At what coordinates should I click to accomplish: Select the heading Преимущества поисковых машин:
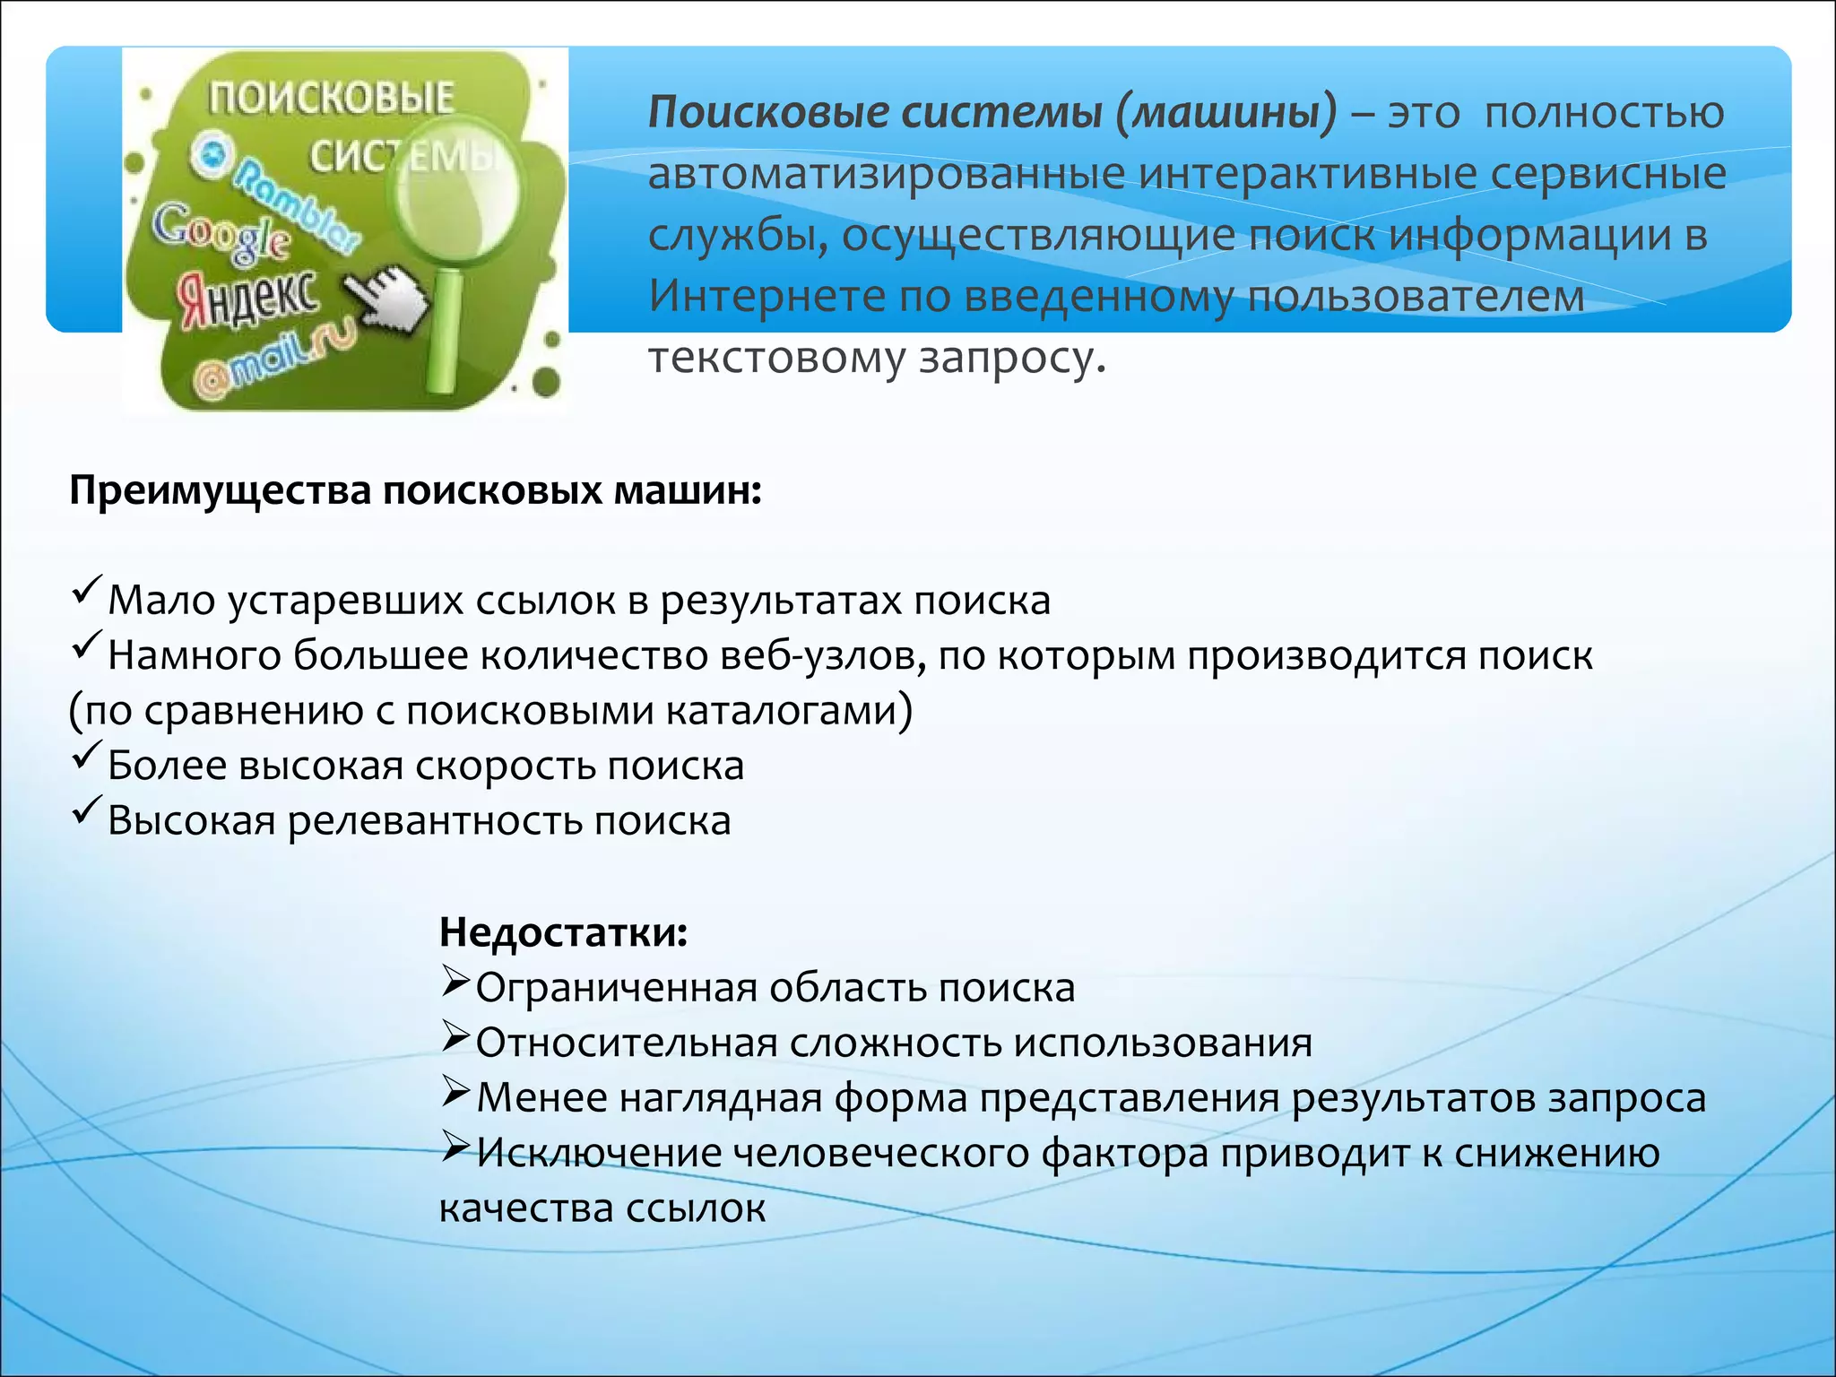pos(415,491)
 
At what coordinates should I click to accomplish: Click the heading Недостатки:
pos(563,932)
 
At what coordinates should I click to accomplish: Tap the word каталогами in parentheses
pos(787,711)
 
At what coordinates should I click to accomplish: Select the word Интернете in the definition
pos(766,296)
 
